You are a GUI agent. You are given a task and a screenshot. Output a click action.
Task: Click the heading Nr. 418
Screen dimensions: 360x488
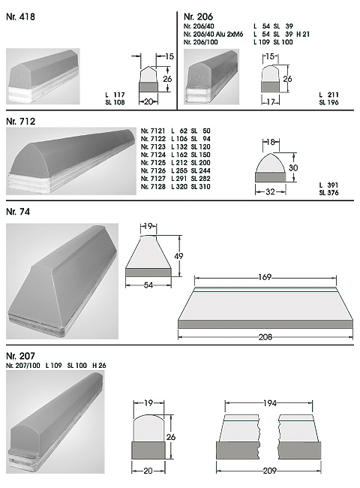[x=20, y=17]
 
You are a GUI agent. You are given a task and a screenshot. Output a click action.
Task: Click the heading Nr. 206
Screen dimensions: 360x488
[x=198, y=17]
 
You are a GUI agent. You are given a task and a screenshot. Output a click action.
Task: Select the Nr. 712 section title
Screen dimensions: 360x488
[x=21, y=122]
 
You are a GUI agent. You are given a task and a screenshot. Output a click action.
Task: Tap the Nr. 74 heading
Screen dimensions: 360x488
[x=18, y=212]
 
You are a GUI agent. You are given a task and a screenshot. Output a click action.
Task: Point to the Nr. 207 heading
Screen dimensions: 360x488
[x=20, y=356]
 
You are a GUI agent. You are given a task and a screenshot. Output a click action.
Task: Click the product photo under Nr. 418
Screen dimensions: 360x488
[x=43, y=77]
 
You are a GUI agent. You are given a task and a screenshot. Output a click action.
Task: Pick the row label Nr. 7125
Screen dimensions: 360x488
[x=153, y=163]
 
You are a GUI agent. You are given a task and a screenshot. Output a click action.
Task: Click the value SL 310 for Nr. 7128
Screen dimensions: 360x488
[x=201, y=187]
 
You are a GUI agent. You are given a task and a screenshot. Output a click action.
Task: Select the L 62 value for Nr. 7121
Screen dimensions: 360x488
[x=179, y=131]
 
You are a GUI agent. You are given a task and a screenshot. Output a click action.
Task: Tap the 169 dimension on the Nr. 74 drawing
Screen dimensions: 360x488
[x=265, y=277]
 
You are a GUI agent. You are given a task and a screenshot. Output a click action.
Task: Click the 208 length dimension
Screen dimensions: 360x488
[x=265, y=337]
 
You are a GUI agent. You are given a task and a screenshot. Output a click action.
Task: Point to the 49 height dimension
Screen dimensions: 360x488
[x=178, y=256]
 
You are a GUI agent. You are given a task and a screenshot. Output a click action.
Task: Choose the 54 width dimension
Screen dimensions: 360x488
[x=148, y=285]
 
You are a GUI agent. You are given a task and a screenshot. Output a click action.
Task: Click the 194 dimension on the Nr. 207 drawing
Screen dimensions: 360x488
[x=269, y=403]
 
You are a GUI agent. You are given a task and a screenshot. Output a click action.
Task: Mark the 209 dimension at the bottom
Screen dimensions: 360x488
[x=269, y=471]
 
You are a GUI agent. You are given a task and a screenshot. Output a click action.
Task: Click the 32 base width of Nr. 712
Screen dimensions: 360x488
[x=270, y=191]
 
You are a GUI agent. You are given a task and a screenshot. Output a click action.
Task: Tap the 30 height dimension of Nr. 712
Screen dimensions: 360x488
[x=293, y=168]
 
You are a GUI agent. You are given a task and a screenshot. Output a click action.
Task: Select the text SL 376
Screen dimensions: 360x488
[x=328, y=193]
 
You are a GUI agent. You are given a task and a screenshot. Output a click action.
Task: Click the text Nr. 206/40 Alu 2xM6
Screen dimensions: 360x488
[x=213, y=35]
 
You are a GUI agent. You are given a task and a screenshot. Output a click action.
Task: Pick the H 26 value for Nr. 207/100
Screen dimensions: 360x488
[x=99, y=366]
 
